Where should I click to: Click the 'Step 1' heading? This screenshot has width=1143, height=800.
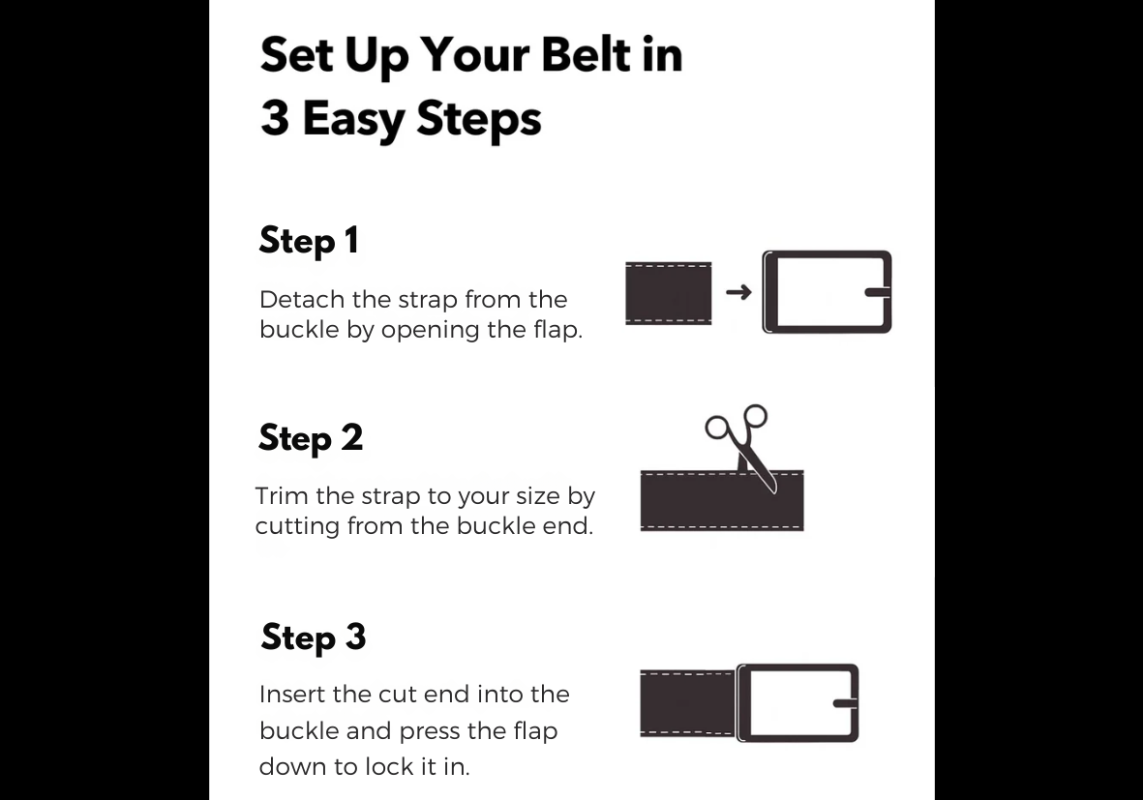tap(309, 241)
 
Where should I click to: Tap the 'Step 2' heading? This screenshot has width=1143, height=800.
tap(311, 438)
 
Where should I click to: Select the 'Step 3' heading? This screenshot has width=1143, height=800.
tap(314, 637)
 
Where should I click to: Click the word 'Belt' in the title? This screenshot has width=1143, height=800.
tap(587, 54)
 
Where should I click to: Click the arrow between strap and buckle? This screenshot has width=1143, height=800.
tap(738, 292)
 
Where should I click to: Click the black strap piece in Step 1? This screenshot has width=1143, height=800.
tap(669, 293)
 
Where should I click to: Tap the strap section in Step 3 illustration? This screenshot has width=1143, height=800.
tap(687, 703)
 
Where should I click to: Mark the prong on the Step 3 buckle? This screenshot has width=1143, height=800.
tap(845, 703)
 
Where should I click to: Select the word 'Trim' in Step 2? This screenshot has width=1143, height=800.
tap(282, 496)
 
